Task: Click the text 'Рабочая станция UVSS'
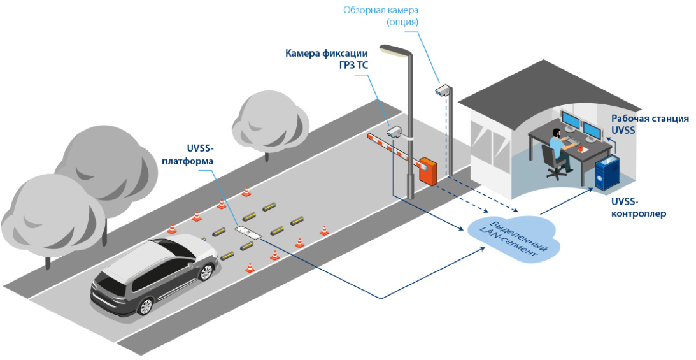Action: [650, 124]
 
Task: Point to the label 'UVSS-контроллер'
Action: [639, 207]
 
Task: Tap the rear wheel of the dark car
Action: [145, 305]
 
